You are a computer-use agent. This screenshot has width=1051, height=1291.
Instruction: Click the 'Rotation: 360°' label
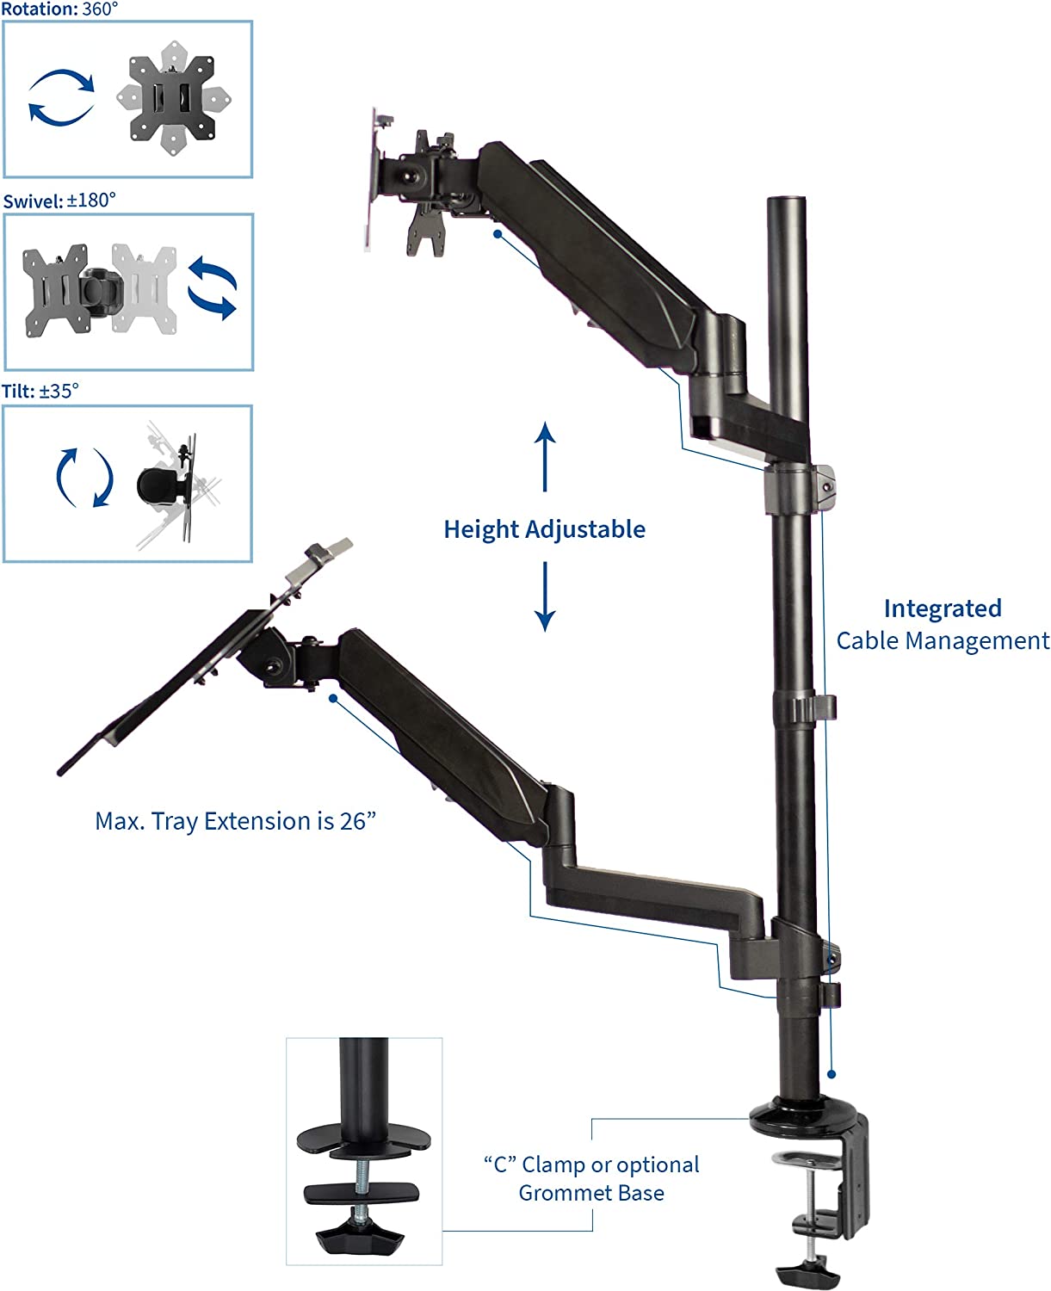[59, 9]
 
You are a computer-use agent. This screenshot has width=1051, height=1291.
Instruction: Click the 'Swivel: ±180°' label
[59, 201]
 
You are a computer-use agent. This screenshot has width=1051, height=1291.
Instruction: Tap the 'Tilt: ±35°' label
[40, 391]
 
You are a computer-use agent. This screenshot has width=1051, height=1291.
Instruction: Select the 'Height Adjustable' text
[544, 529]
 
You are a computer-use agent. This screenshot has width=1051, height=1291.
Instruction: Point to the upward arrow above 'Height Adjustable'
[545, 456]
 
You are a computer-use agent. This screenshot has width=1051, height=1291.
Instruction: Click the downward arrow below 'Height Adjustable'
[545, 596]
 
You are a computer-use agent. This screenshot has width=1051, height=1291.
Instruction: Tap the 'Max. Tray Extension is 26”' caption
[236, 821]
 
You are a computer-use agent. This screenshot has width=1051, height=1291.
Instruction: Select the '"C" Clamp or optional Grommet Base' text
[591, 1178]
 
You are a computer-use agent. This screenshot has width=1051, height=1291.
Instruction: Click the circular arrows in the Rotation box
[61, 97]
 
